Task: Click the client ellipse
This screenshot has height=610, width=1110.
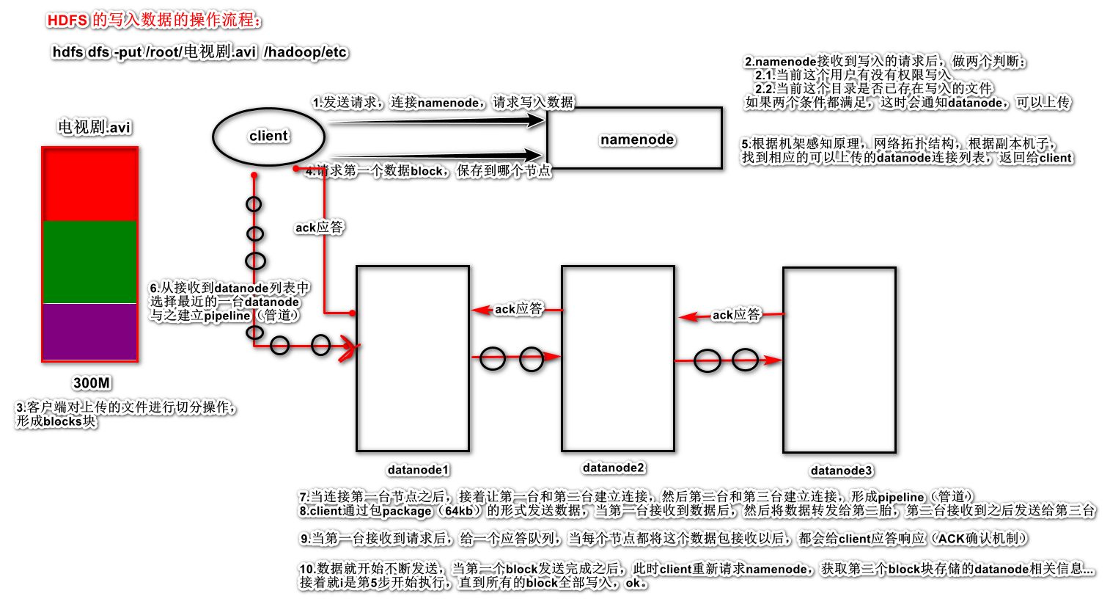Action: point(268,137)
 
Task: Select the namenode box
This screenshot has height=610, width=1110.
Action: point(635,139)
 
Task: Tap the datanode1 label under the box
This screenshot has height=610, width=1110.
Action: point(418,470)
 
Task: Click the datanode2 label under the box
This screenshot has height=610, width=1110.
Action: point(614,468)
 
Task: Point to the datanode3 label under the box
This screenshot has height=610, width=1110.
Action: point(841,471)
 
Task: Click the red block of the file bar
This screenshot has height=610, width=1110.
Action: point(90,185)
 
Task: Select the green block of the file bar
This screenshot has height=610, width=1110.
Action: point(90,262)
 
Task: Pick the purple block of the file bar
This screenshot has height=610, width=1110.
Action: point(90,332)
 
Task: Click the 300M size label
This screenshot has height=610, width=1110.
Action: point(92,382)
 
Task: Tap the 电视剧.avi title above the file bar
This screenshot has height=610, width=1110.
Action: point(94,127)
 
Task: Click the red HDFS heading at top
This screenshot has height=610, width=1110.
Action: point(154,21)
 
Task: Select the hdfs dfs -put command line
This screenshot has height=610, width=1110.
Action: point(199,52)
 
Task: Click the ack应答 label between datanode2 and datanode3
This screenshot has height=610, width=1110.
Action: point(736,315)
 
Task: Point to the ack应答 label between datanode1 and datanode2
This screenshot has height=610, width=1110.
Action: point(518,309)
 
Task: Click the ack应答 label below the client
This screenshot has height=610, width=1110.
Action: point(319,228)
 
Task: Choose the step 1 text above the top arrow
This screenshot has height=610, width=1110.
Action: point(443,102)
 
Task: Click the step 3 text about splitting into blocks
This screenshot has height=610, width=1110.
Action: point(125,414)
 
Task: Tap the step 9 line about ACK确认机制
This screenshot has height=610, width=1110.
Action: point(663,539)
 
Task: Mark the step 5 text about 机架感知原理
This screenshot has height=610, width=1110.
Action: point(906,150)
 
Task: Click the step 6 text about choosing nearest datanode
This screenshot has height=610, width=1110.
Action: point(229,302)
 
